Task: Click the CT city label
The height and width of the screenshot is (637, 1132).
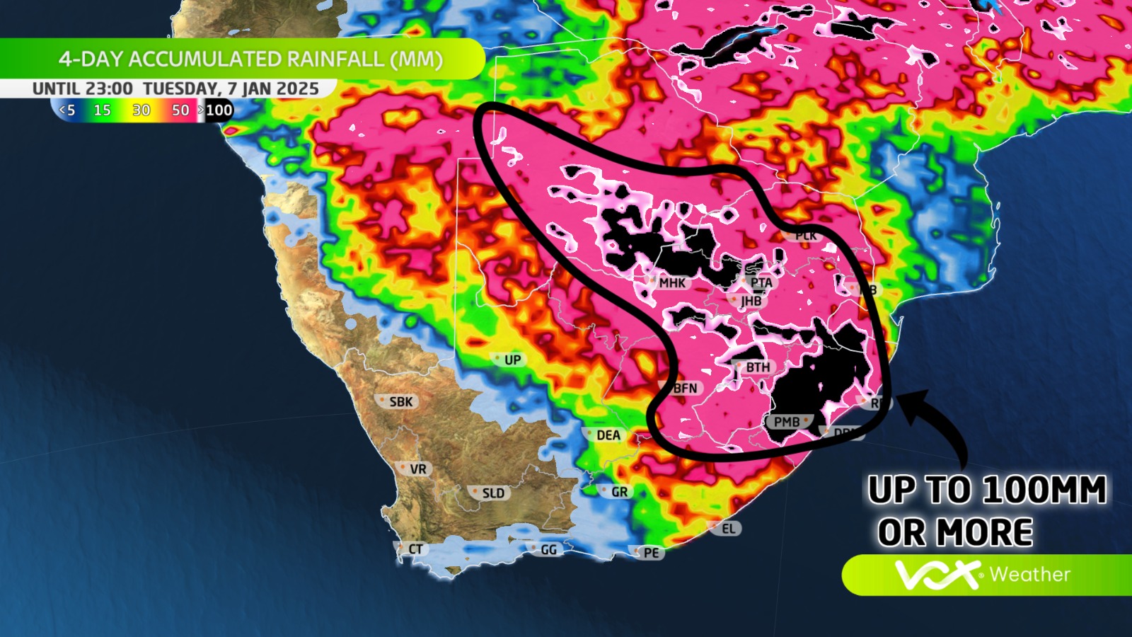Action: (x=415, y=549)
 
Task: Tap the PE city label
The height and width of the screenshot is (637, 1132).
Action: (x=651, y=553)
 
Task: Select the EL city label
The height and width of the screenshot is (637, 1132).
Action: (x=728, y=528)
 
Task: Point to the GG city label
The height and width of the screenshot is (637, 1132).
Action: (x=548, y=549)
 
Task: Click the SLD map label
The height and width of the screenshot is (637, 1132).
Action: (x=492, y=493)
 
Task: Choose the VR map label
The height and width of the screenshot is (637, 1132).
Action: (x=417, y=469)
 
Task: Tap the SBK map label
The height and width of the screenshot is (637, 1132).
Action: (x=400, y=401)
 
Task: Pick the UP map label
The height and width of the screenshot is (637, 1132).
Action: (x=512, y=360)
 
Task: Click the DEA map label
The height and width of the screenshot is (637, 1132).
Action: (x=607, y=435)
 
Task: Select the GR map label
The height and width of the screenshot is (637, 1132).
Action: (x=619, y=491)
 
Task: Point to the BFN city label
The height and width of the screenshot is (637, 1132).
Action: (x=684, y=388)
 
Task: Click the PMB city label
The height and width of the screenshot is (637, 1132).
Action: (x=786, y=422)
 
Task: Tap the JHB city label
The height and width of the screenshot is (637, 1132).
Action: (x=751, y=301)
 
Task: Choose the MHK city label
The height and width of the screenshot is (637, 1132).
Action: (x=671, y=282)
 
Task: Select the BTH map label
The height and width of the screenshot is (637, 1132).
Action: (x=757, y=367)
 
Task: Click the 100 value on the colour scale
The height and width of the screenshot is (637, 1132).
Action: (x=219, y=110)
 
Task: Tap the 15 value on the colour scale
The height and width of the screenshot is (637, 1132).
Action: (x=102, y=110)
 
